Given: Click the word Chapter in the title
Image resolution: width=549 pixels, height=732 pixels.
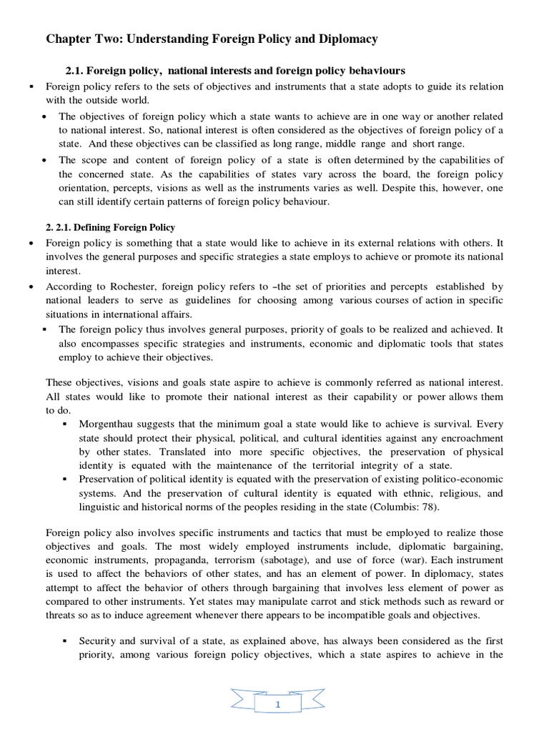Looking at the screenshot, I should coord(69,39).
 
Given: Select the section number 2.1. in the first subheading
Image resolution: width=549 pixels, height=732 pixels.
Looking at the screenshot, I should coord(76,70).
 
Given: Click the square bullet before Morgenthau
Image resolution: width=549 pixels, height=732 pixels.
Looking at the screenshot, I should coord(65,423).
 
